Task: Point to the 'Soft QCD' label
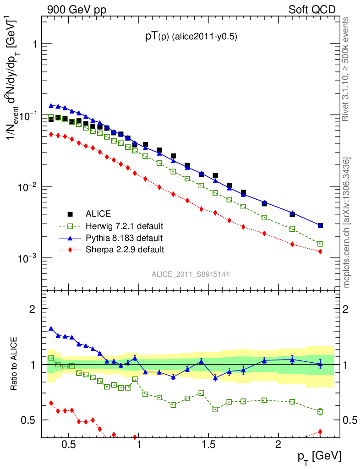coord(312,9)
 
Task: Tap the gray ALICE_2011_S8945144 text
coord(191,274)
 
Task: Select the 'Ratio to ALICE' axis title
coord(14,364)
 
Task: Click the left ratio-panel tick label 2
coord(32,309)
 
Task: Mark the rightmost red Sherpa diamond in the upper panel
coord(320,251)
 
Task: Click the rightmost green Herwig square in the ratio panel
coord(320,412)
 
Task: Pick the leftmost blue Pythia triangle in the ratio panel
coord(51,328)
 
